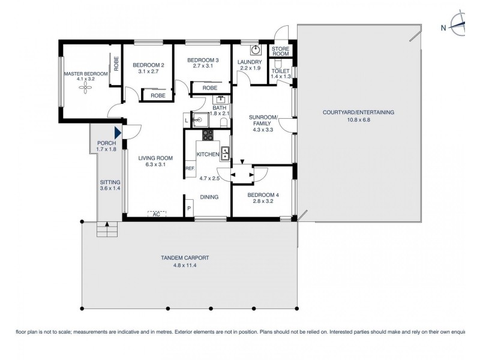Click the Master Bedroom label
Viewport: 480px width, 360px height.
point(86,74)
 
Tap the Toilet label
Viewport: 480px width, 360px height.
point(280,71)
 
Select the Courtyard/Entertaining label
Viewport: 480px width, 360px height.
point(358,112)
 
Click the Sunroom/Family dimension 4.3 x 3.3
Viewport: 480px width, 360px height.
point(264,129)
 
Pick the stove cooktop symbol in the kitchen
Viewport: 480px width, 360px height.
point(208,134)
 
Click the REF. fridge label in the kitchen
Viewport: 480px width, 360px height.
point(190,169)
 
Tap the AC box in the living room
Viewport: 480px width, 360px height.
point(156,214)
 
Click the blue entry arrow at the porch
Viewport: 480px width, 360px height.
point(118,133)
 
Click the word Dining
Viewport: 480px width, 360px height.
point(209,197)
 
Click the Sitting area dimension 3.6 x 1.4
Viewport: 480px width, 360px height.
point(110,188)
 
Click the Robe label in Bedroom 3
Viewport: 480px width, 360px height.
point(209,88)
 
